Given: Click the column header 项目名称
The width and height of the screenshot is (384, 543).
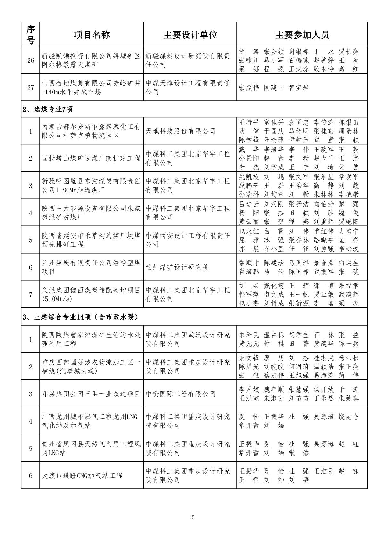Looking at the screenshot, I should click(x=92, y=35).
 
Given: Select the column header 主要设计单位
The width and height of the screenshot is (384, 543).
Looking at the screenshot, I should click(x=190, y=35).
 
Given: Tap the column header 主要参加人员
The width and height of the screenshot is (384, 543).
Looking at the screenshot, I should click(x=302, y=35).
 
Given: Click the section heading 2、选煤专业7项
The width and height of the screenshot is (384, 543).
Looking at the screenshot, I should click(x=48, y=109).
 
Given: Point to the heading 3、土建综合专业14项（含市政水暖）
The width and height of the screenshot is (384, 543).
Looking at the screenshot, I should click(x=80, y=317).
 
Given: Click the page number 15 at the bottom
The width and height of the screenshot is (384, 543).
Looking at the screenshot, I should click(x=192, y=517).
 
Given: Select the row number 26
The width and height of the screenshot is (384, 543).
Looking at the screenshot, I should click(x=30, y=60).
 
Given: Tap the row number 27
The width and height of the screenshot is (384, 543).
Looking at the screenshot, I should click(x=30, y=87).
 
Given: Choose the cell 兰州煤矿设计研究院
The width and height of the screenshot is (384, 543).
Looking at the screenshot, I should click(x=177, y=267).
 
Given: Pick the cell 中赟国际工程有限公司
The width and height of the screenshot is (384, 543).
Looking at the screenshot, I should click(x=181, y=394).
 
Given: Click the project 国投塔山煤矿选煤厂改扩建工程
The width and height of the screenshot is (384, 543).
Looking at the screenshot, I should click(x=91, y=158).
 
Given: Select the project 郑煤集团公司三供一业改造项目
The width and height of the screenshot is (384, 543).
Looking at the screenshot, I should click(x=91, y=394).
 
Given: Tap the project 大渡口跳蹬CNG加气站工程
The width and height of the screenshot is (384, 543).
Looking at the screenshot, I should click(x=82, y=475).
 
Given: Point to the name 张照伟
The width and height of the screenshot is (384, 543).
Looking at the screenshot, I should click(x=249, y=88).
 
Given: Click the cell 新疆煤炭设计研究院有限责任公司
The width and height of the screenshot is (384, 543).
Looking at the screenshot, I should click(x=188, y=60).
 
